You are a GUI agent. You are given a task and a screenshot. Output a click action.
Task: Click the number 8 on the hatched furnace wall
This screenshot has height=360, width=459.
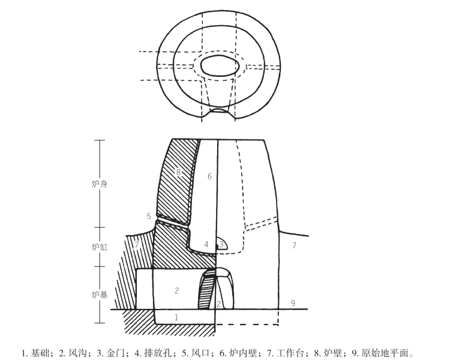pos(178,172)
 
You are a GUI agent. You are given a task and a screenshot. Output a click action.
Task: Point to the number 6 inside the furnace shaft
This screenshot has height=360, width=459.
pos(209,176)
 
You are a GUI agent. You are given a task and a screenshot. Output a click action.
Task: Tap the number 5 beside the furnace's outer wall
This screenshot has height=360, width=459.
pos(149,215)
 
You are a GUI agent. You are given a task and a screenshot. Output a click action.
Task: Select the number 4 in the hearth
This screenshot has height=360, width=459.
pos(206,244)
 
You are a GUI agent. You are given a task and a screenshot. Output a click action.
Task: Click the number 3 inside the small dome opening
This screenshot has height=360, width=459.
pos(221,244)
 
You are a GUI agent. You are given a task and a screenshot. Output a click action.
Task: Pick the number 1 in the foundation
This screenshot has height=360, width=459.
pos(176,316)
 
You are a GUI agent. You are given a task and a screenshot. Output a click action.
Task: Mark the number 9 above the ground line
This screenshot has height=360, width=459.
pos(293,302)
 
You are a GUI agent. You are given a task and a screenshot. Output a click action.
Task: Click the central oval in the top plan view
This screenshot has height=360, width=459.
pos(220,65)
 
